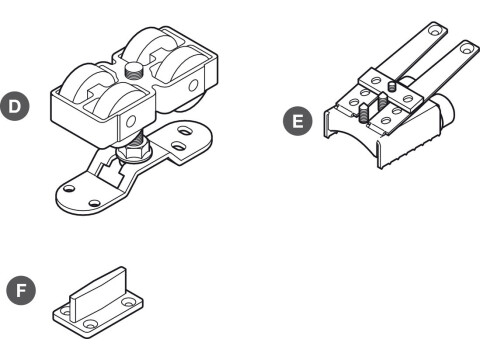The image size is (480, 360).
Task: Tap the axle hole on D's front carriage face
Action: tap(130, 122)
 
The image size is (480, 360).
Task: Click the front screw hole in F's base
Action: tap(91, 324)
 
